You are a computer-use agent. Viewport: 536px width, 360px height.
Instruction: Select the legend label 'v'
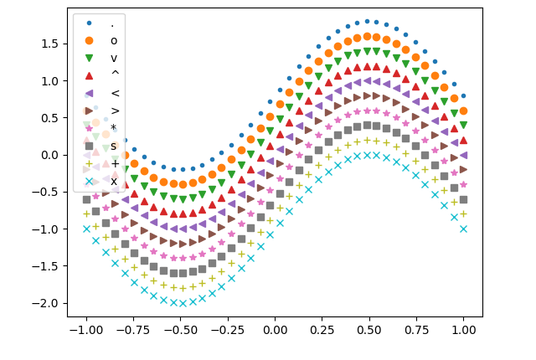[x=114, y=58]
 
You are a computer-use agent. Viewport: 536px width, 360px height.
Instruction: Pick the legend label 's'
[x=114, y=146]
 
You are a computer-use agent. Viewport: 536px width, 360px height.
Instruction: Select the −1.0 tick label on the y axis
[x=48, y=229]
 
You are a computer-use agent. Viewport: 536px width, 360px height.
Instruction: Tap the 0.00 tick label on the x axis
[x=275, y=331]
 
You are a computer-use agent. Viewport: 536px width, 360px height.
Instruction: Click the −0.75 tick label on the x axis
[x=132, y=331]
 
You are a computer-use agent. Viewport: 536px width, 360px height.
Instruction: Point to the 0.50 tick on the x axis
[x=368, y=316]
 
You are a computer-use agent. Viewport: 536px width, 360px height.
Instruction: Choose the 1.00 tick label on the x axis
[x=463, y=331]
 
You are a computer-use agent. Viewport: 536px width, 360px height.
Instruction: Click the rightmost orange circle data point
[x=463, y=111]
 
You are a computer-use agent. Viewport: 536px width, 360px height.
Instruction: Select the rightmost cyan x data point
[x=463, y=229]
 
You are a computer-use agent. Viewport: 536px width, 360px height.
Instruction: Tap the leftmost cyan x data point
[x=85, y=229]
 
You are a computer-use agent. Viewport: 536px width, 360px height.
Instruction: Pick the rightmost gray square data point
[x=463, y=199]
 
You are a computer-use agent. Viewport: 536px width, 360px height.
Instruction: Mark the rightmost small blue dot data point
[x=463, y=95]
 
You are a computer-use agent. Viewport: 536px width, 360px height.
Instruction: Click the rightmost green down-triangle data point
[x=463, y=126]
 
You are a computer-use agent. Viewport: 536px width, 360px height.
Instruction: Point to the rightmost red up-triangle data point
[x=463, y=140]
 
